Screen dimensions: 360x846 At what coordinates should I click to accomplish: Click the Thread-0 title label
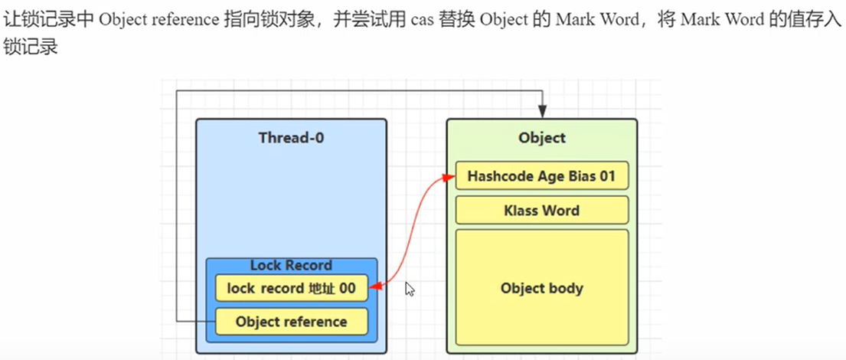290,138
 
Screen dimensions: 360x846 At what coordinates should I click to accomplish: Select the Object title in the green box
541,138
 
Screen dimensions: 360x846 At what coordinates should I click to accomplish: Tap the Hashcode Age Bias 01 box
541,177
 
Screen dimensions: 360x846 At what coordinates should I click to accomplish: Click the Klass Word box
541,210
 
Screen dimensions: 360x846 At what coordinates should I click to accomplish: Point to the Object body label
541,289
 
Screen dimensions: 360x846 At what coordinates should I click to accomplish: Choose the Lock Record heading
291,266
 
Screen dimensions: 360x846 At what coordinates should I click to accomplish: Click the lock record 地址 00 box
291,289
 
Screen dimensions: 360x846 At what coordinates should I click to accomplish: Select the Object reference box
291,322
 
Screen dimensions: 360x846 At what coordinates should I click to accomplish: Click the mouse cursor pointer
410,289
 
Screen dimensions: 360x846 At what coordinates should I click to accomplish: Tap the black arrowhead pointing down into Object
542,113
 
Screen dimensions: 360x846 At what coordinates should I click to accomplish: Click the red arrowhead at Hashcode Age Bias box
450,178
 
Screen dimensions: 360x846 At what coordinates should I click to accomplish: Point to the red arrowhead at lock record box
374,289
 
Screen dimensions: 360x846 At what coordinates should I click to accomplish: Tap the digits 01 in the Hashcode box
607,177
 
